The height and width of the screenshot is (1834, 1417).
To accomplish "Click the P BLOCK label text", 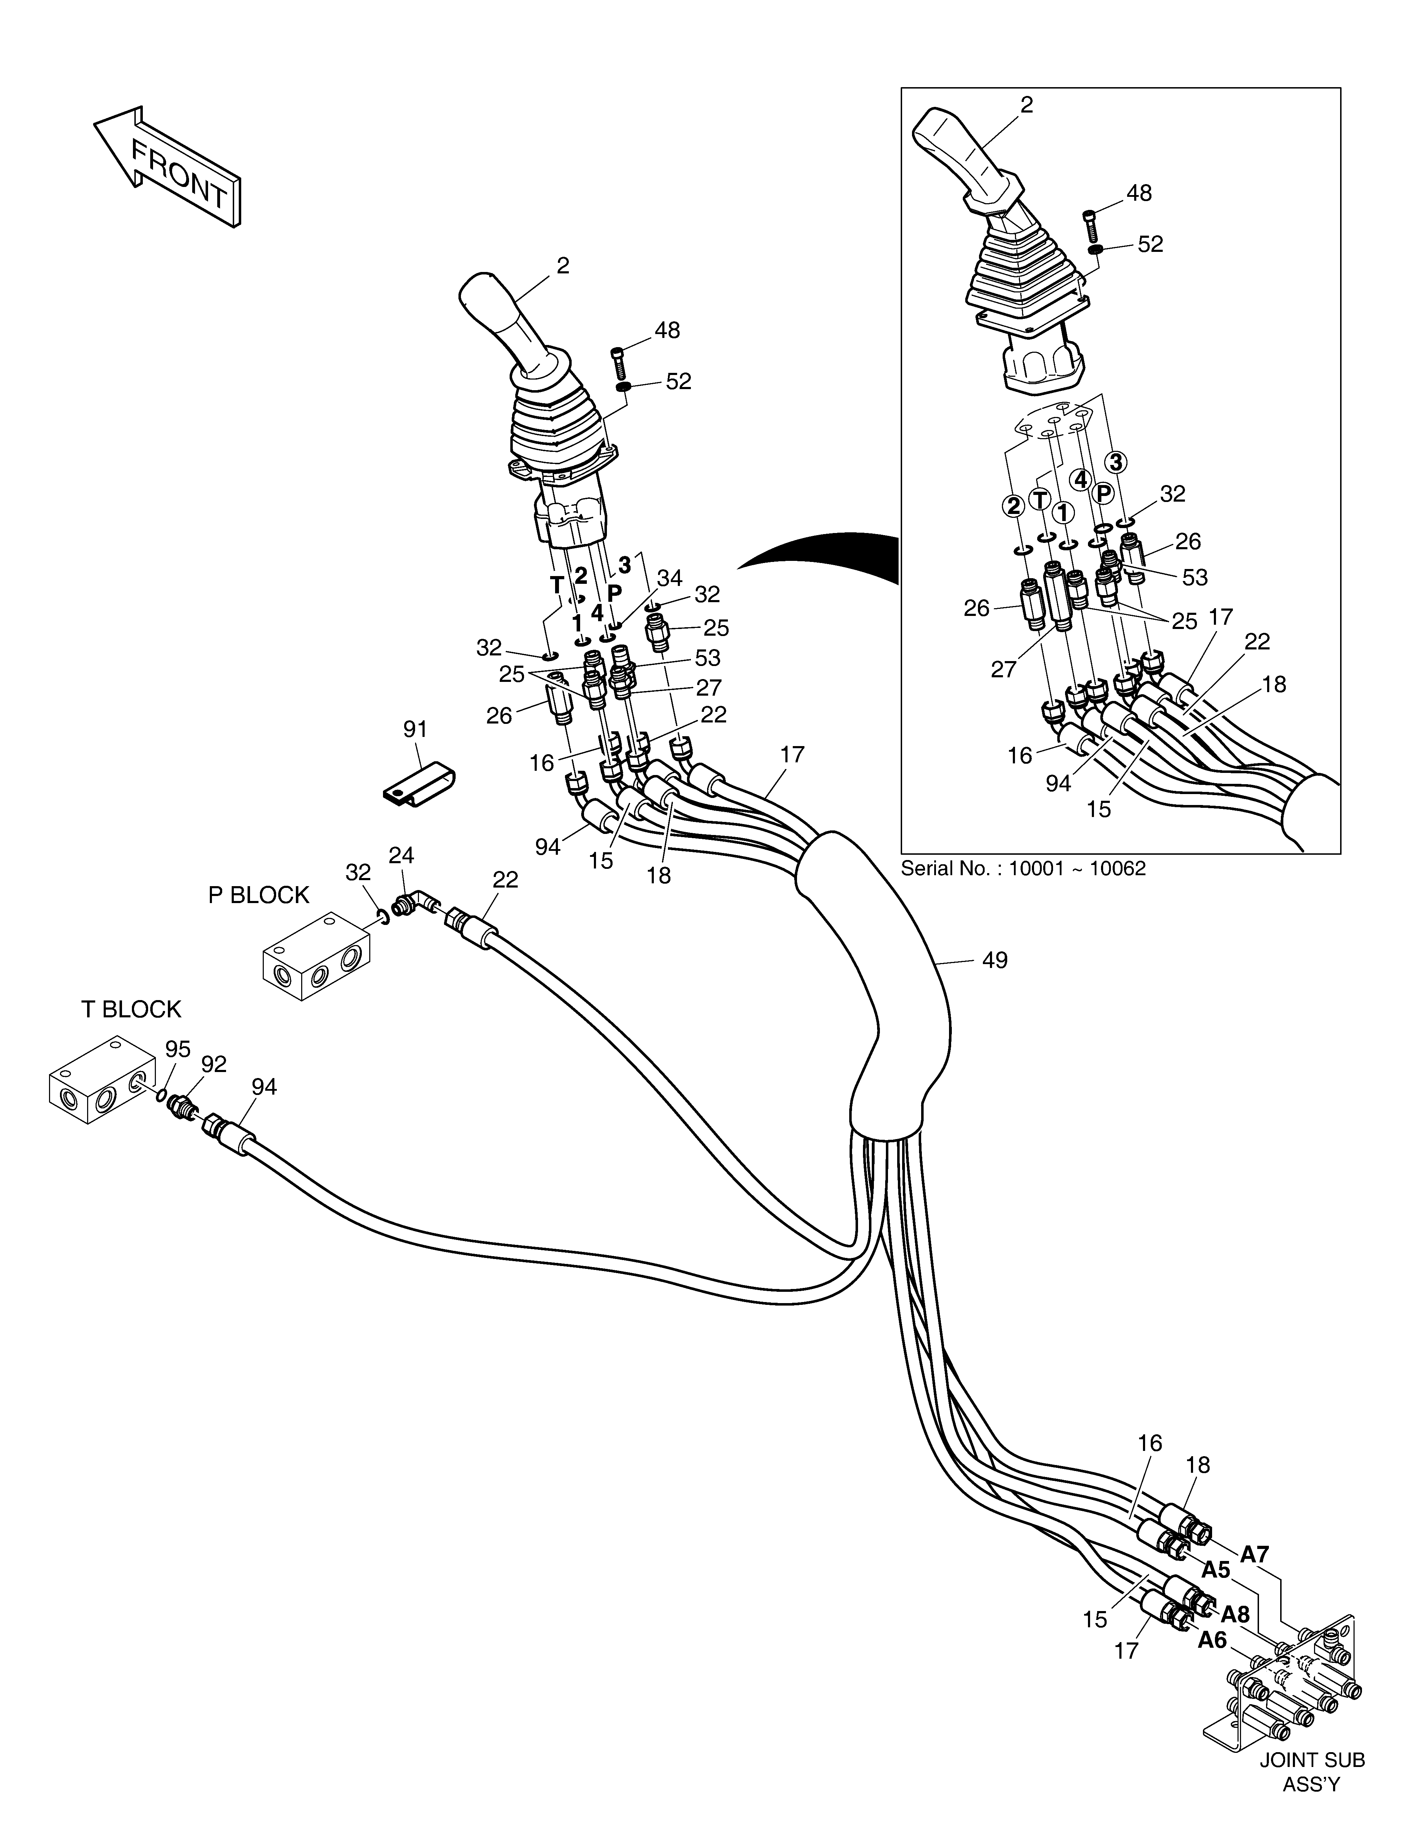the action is click(x=259, y=895).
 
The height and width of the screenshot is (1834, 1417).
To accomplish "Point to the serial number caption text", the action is click(x=1023, y=868).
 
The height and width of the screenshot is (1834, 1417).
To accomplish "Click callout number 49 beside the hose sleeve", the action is click(x=995, y=960).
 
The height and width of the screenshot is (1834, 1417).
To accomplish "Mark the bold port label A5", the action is click(x=1216, y=1569).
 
